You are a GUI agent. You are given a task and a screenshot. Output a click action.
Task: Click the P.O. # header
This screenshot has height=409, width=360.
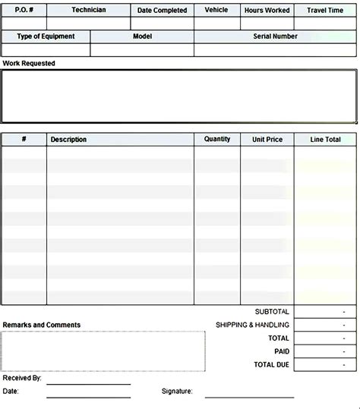(24, 10)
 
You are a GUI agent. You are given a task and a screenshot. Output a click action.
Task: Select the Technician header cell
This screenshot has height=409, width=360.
(89, 10)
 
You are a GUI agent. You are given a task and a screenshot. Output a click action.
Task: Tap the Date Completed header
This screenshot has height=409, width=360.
(163, 11)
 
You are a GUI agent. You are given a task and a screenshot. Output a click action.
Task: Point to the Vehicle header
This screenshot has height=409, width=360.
(216, 10)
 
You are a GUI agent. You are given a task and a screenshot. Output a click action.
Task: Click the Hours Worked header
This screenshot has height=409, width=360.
(267, 11)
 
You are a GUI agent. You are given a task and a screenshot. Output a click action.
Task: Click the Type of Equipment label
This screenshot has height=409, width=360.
(46, 36)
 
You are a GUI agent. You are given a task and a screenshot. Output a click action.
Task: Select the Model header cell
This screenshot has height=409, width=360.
(142, 36)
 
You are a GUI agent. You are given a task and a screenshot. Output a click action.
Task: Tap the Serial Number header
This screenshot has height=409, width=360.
(275, 36)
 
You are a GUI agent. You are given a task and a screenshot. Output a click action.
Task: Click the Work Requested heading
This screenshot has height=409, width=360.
(29, 64)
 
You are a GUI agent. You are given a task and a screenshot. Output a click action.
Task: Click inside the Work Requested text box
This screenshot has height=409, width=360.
(179, 96)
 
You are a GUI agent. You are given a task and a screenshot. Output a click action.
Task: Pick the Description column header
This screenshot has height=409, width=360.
(68, 140)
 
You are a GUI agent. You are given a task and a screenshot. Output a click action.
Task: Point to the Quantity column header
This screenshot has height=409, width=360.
(217, 139)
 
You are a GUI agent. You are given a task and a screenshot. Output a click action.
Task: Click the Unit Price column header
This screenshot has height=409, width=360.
(267, 140)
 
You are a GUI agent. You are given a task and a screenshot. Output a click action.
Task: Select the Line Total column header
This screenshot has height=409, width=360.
(326, 140)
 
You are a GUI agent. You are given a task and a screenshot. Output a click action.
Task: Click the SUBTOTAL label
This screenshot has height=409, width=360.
(272, 312)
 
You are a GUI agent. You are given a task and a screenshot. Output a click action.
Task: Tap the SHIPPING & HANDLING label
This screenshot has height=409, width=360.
(252, 325)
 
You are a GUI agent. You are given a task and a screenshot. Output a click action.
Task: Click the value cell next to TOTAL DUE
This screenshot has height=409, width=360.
(326, 365)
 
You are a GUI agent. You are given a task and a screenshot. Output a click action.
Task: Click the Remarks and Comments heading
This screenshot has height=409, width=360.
(42, 325)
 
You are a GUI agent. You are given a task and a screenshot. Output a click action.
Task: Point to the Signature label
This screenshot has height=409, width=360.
(177, 392)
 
